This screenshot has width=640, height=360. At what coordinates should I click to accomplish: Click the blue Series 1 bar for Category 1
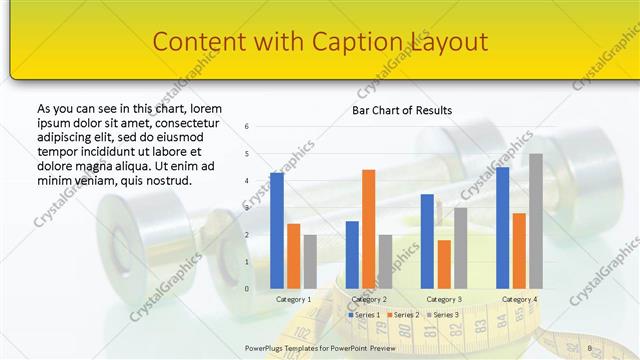277,231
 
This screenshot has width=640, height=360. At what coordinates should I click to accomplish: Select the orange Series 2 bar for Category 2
368,229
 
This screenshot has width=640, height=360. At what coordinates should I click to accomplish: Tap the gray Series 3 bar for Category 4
535,221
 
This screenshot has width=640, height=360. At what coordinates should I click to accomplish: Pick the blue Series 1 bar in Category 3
427,241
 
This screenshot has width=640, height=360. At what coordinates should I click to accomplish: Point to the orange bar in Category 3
444,264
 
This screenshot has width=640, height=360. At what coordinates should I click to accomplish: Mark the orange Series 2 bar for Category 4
519,251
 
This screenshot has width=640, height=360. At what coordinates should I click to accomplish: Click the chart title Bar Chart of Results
402,110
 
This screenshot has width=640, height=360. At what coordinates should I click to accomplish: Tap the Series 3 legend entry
444,315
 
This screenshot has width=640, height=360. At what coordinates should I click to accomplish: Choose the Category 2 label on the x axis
369,299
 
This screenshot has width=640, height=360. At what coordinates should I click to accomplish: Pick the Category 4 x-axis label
519,299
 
